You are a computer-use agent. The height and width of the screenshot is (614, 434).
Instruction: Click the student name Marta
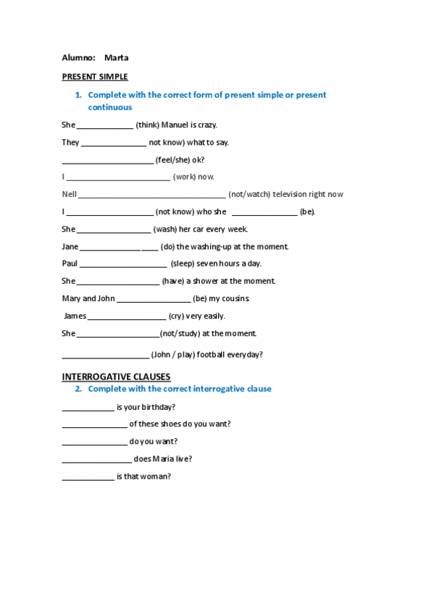[116, 58]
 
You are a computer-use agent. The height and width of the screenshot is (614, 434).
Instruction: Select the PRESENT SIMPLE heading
[95, 77]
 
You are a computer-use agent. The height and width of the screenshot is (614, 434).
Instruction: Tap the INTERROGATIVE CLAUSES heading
[116, 377]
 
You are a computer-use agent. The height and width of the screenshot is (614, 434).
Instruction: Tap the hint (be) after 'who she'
[307, 212]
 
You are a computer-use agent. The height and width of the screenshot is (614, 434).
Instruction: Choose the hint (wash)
[164, 230]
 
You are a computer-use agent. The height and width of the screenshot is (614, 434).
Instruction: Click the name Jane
[70, 246]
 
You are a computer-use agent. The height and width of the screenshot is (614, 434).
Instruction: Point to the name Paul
[70, 264]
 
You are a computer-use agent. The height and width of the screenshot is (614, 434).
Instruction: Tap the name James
[75, 316]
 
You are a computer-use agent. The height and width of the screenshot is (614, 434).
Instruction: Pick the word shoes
[166, 424]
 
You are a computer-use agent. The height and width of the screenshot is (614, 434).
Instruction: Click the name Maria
[165, 459]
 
